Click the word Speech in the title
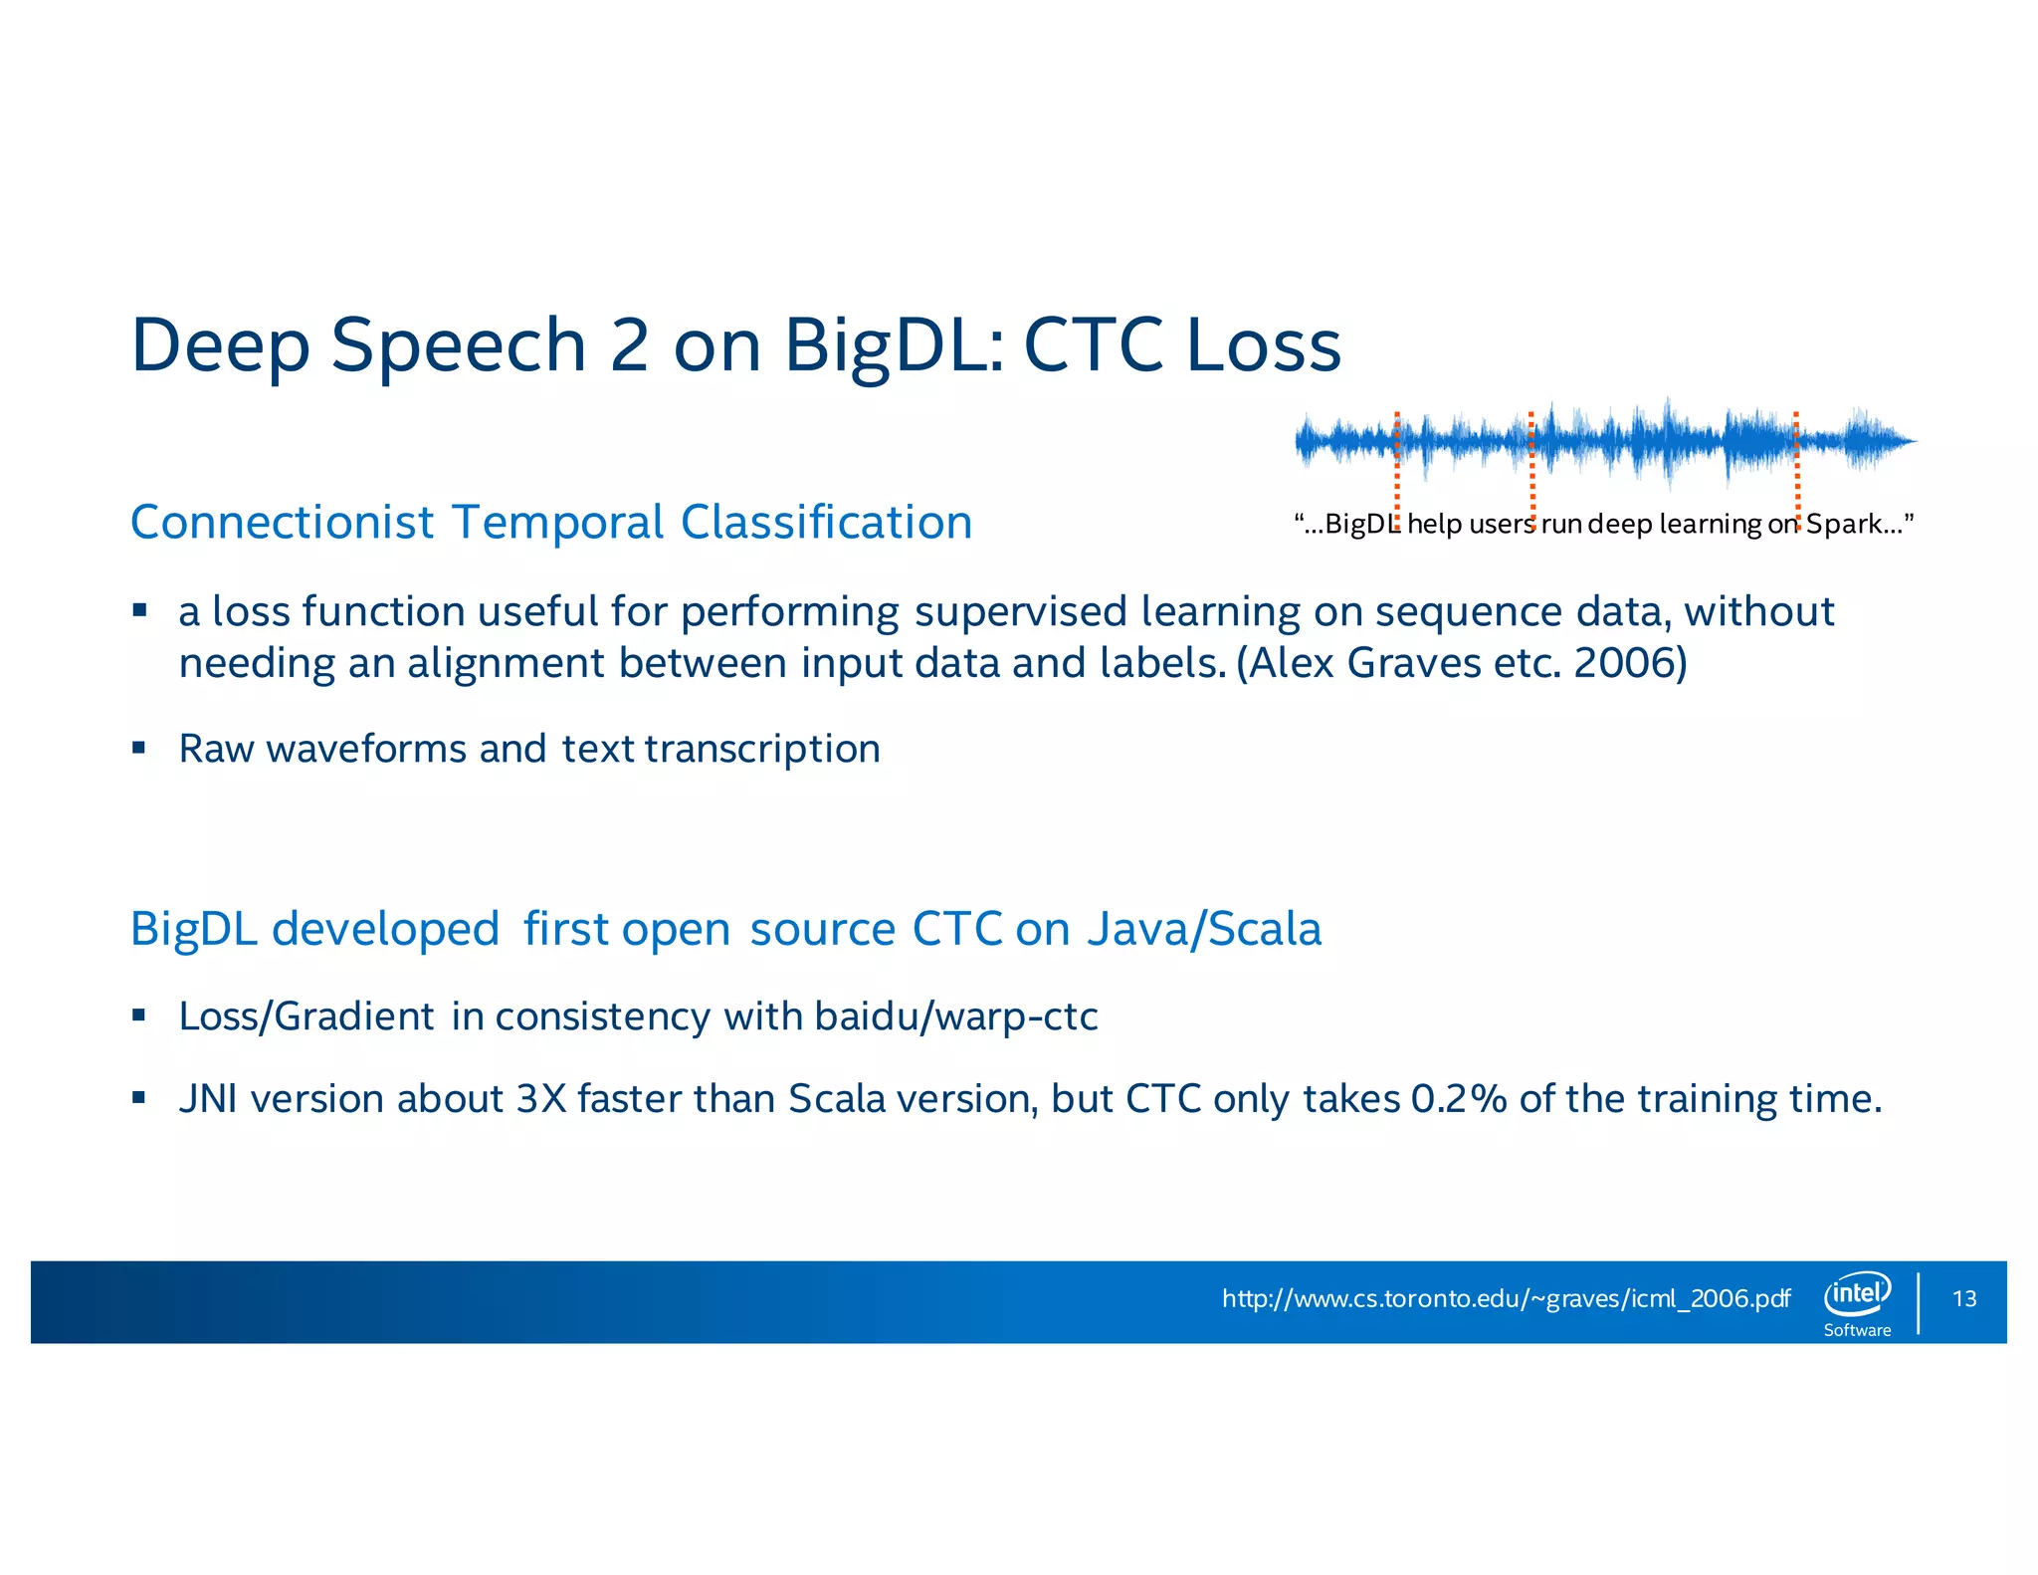pos(458,345)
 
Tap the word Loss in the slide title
pos(1263,345)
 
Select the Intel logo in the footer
pos(1857,1293)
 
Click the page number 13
pos(1964,1299)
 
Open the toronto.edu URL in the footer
pos(1505,1298)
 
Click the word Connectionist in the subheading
pos(283,523)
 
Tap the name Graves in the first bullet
pos(1414,663)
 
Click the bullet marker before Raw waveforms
pos(139,747)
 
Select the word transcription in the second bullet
pos(762,749)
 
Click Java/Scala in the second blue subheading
pos(1204,929)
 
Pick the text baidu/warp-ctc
pos(955,1016)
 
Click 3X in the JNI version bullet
pos(541,1099)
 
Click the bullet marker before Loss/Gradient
pos(139,1014)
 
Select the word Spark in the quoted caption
pos(1844,524)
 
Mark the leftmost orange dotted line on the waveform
pos(1397,468)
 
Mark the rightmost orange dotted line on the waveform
pos(1796,468)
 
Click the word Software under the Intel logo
pos(1857,1330)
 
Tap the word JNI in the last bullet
pos(208,1099)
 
